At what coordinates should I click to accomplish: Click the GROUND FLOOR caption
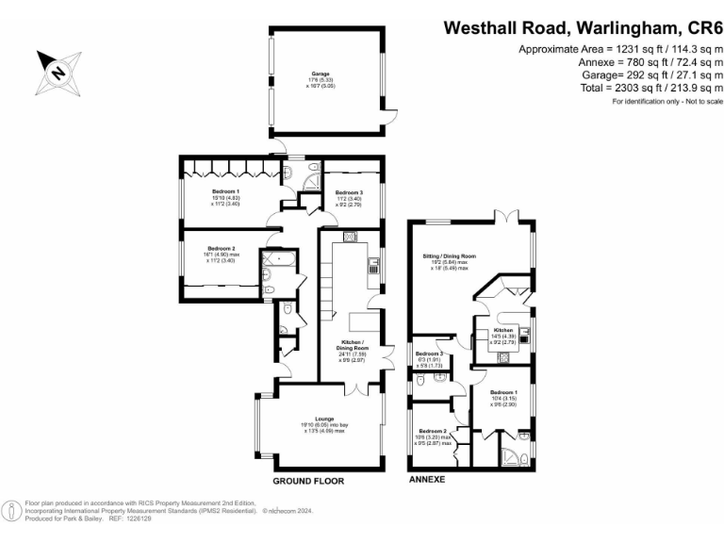[308, 481]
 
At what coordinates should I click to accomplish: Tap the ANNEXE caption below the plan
[425, 480]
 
